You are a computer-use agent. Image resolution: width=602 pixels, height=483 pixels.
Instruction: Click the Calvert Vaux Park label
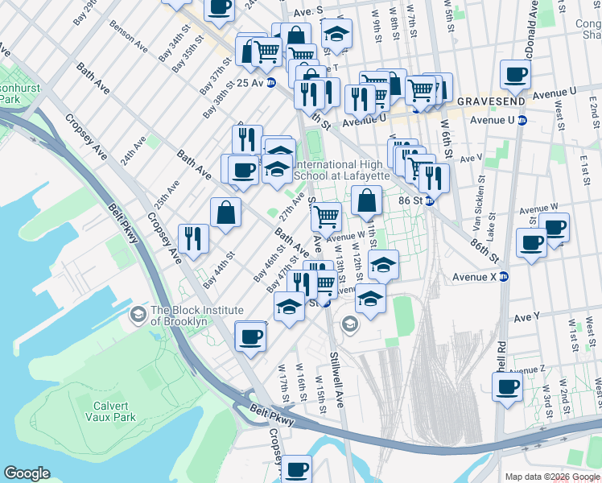110,402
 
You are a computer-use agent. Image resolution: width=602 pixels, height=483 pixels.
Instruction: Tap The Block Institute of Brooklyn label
197,316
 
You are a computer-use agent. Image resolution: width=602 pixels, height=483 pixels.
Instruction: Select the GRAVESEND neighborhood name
491,102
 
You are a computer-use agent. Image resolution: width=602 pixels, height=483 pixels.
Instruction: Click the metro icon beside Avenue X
505,277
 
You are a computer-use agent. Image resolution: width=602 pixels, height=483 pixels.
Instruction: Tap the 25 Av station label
250,82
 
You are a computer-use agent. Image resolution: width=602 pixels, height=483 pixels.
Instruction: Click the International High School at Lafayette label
343,170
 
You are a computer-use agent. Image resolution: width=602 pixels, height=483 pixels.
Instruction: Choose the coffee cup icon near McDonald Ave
514,76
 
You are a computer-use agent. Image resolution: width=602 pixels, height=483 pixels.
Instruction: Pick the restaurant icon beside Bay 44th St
193,238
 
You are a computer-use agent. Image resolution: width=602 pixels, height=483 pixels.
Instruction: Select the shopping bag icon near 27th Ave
226,213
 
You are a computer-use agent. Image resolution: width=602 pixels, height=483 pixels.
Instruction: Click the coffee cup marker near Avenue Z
507,387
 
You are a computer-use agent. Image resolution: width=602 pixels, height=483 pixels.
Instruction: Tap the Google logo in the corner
27,473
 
